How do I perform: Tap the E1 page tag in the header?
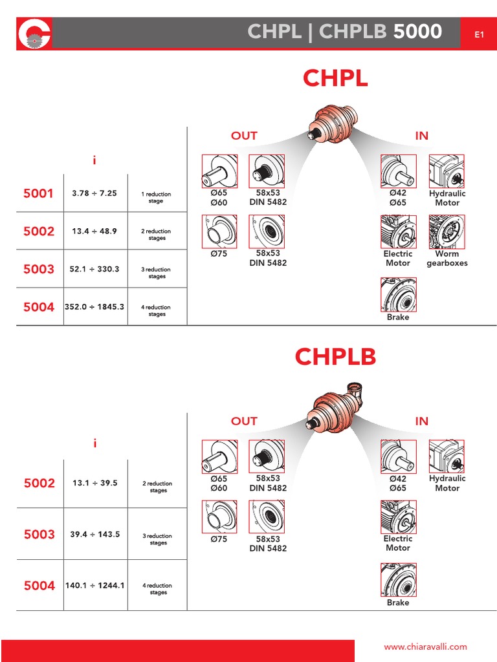pos(479,34)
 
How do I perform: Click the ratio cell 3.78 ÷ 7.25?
pos(94,193)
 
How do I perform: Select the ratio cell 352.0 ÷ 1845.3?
pos(94,307)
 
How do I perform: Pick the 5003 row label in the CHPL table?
pos(39,269)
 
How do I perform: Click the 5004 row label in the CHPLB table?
pos(39,586)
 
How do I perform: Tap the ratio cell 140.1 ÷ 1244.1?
pos(94,586)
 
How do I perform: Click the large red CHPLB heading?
pos(335,357)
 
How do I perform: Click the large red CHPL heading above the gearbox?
pos(335,78)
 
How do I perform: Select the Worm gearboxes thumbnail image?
pos(447,232)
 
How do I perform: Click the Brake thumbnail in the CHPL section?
pos(398,295)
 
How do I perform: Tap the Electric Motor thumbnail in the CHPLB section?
pos(398,517)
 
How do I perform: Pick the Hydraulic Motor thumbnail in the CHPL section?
pos(447,171)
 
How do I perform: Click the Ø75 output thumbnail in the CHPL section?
pos(219,232)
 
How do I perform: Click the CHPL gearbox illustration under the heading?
pos(334,123)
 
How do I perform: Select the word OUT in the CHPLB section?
pos(244,421)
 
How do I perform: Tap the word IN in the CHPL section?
pos(421,136)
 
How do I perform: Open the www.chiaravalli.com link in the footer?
pos(425,646)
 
